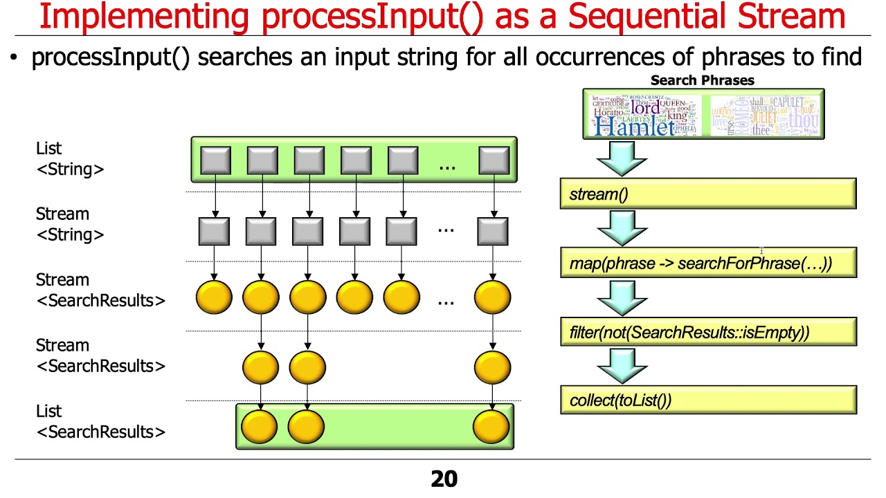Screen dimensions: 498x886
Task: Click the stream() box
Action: (x=707, y=194)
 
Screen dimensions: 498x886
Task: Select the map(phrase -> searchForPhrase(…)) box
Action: (x=707, y=263)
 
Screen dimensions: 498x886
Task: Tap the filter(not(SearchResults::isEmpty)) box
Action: (x=707, y=332)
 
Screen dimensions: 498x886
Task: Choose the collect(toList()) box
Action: (x=707, y=400)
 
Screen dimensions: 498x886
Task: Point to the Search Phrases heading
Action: (x=702, y=80)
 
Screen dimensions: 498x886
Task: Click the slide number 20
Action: (x=444, y=479)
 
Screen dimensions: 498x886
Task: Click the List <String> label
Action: (x=70, y=158)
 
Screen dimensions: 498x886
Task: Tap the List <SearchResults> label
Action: (x=100, y=421)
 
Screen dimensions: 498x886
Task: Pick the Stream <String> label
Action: (x=70, y=224)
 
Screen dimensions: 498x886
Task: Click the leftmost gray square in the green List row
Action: (x=215, y=160)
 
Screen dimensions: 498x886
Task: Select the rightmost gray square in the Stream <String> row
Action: (x=493, y=231)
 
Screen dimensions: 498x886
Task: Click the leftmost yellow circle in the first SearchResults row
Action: (x=214, y=298)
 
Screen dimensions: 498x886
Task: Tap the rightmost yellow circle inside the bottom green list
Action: (x=492, y=426)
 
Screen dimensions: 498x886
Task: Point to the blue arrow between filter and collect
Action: (x=621, y=365)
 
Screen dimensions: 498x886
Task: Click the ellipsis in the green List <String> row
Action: (x=447, y=165)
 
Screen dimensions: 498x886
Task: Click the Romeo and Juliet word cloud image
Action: (x=764, y=114)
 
